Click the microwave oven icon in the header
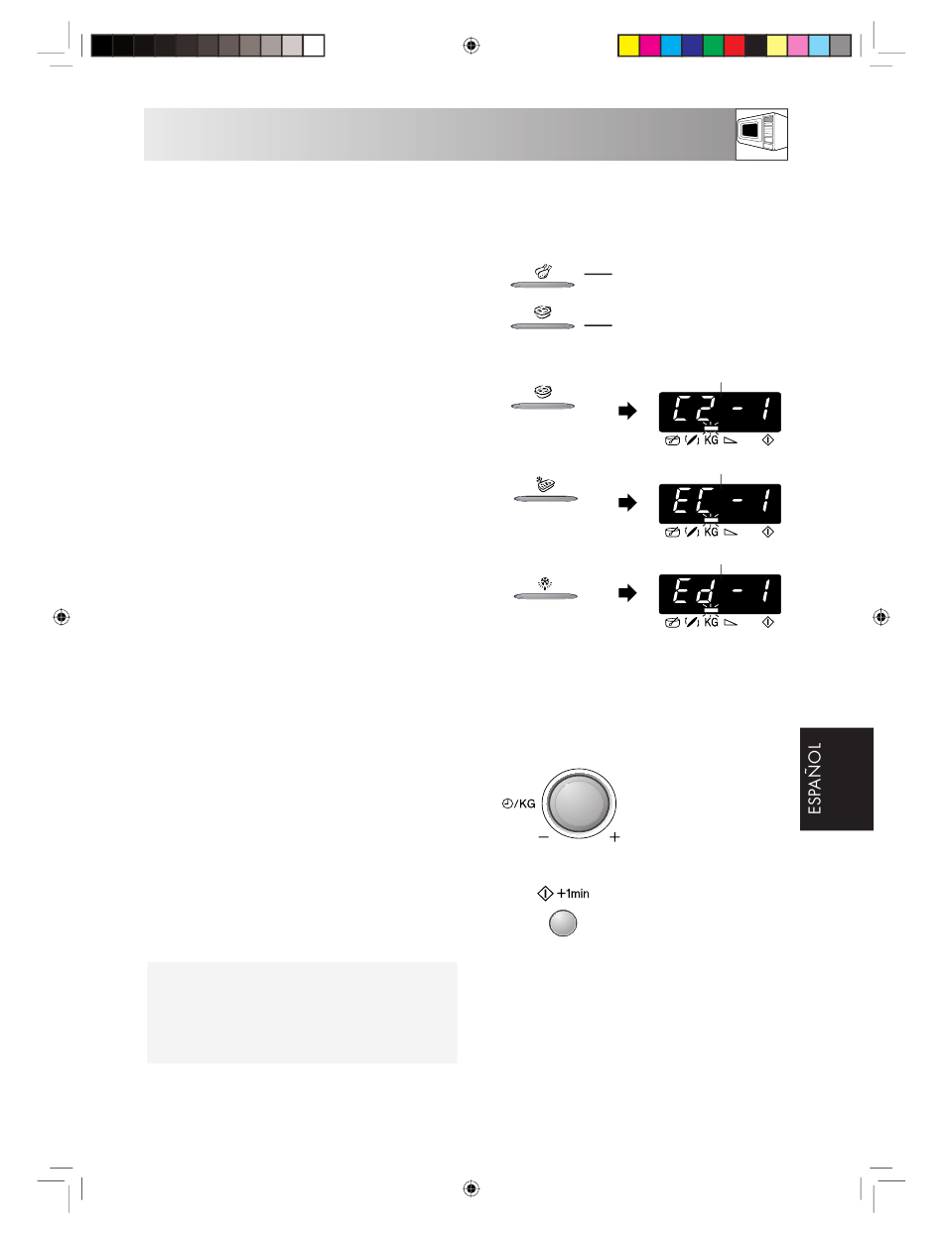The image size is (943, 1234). click(x=761, y=134)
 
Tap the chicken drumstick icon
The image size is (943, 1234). click(x=543, y=272)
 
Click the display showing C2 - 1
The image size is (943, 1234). click(x=720, y=412)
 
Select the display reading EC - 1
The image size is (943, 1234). click(x=720, y=503)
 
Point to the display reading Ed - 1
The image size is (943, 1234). click(x=720, y=593)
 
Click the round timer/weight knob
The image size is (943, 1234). click(x=579, y=802)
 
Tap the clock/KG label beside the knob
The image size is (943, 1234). click(x=518, y=803)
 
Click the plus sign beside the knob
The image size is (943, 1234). click(x=614, y=837)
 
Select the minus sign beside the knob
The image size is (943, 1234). click(x=543, y=837)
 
